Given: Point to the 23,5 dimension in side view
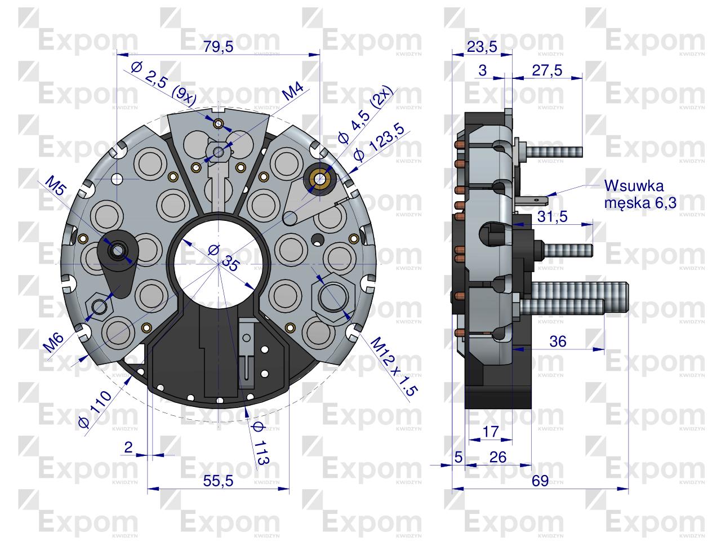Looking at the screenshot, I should pos(482,47).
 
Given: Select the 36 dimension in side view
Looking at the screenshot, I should pos(558,342).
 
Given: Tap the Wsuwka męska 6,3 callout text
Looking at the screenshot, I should pos(640,194).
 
